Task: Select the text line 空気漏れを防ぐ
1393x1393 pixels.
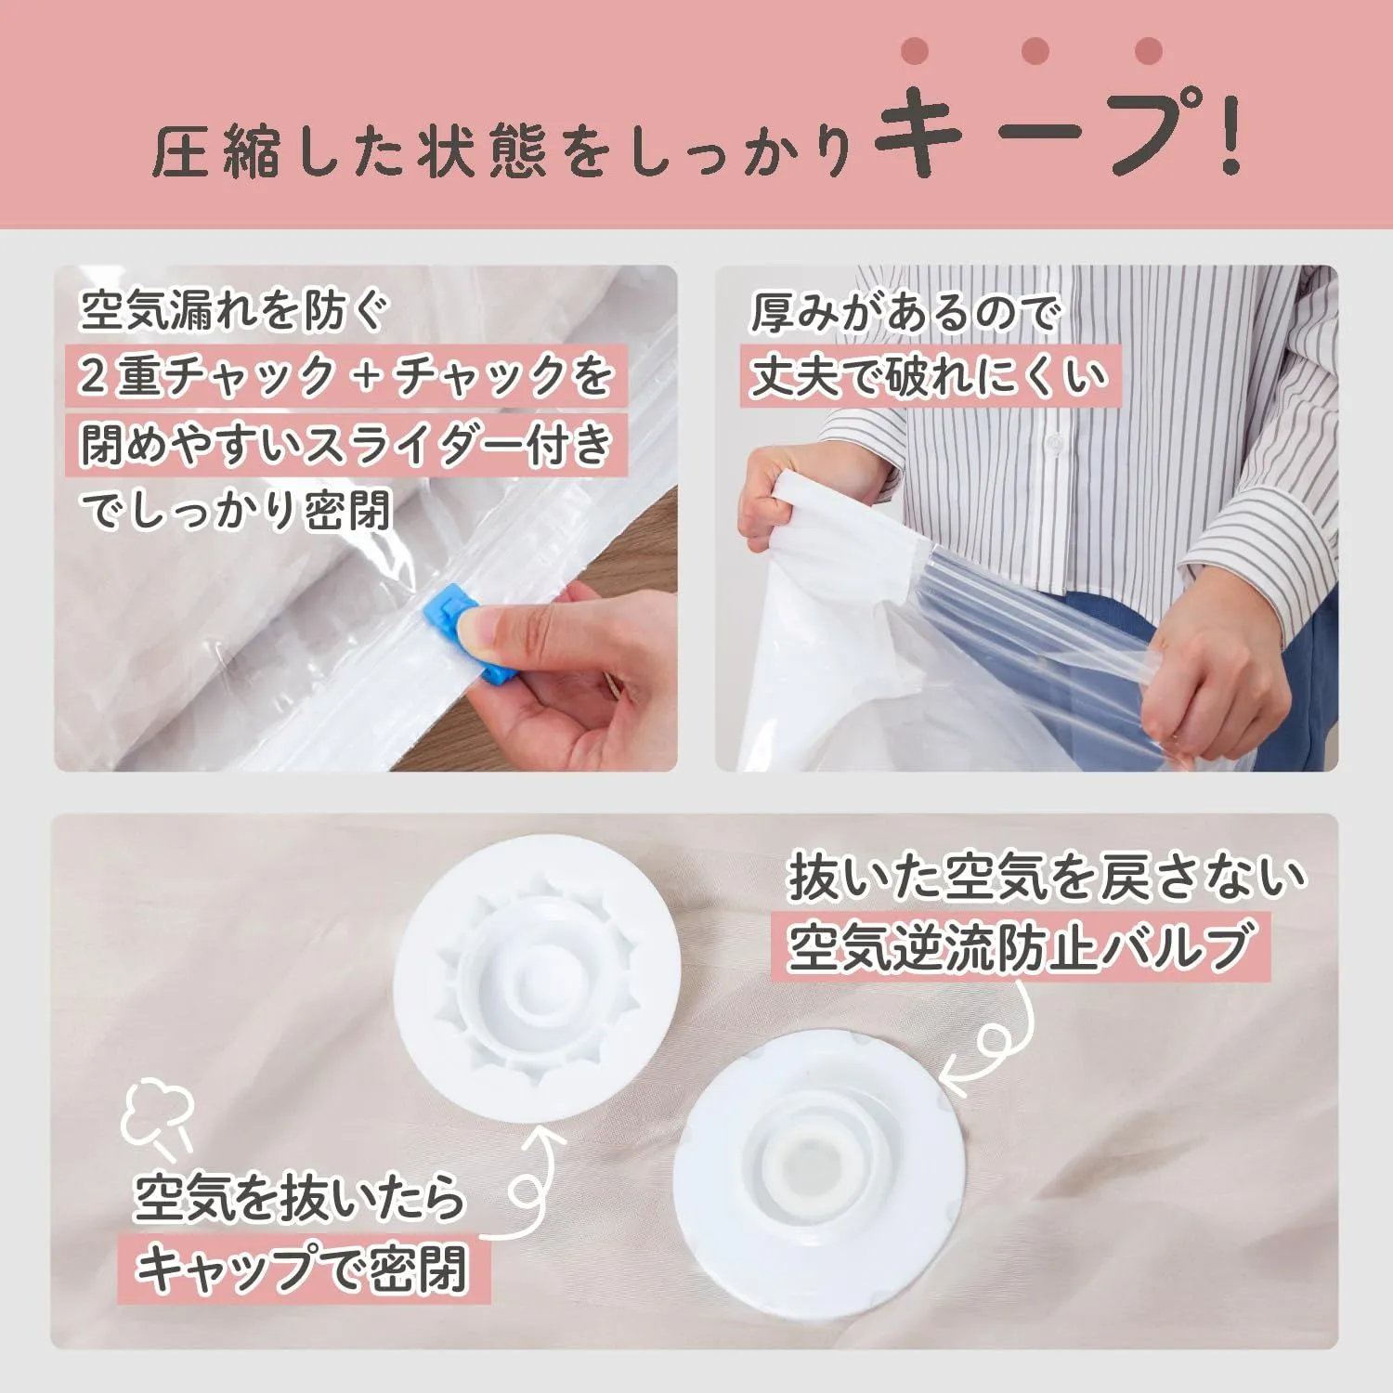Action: (x=234, y=309)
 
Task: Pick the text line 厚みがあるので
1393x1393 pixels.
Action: (x=905, y=312)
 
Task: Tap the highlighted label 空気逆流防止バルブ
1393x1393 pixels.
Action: (x=1019, y=946)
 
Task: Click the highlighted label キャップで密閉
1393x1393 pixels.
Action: (x=302, y=1268)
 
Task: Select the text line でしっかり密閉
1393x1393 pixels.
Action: (x=236, y=510)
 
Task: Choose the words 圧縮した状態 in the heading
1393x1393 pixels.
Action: (x=350, y=151)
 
